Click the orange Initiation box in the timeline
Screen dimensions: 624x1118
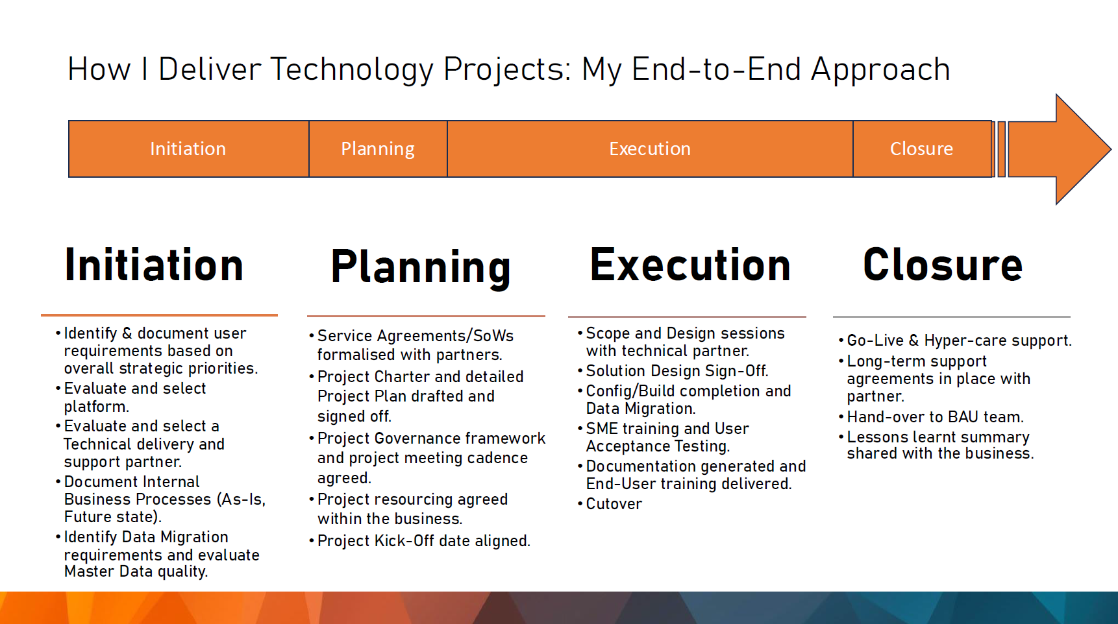(x=188, y=149)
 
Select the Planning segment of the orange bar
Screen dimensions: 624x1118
(x=378, y=149)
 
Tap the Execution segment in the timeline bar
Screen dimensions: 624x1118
(x=649, y=149)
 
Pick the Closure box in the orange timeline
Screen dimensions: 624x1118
(x=921, y=149)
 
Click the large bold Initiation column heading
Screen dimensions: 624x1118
(x=154, y=265)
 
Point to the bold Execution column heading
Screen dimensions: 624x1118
(x=690, y=265)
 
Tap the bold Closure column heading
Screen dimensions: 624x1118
(x=943, y=265)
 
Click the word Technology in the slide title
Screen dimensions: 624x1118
(x=351, y=69)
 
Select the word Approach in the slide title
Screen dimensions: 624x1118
(x=880, y=69)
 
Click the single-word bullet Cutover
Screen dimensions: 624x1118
(x=614, y=504)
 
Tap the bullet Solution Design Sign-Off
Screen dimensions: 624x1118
(x=677, y=371)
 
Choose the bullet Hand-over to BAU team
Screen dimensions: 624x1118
(x=935, y=417)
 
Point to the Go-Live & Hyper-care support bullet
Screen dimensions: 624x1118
(x=959, y=341)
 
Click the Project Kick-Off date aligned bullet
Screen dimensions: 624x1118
(x=423, y=541)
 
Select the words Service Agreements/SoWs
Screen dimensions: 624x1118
(x=416, y=336)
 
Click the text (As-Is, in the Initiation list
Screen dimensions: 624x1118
(x=241, y=499)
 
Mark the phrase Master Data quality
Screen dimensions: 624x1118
(x=136, y=571)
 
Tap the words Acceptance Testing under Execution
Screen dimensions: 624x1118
(x=658, y=446)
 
